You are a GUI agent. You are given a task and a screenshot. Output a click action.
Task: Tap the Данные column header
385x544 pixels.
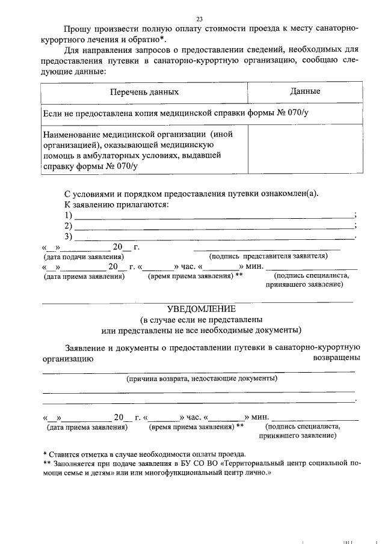click(304, 91)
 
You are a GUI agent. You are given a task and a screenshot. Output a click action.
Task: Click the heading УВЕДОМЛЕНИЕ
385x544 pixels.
click(200, 308)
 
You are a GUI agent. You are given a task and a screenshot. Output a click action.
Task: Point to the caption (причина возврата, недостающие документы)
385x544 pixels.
click(201, 379)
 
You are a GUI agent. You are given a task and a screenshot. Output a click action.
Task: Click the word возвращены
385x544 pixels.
click(337, 358)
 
